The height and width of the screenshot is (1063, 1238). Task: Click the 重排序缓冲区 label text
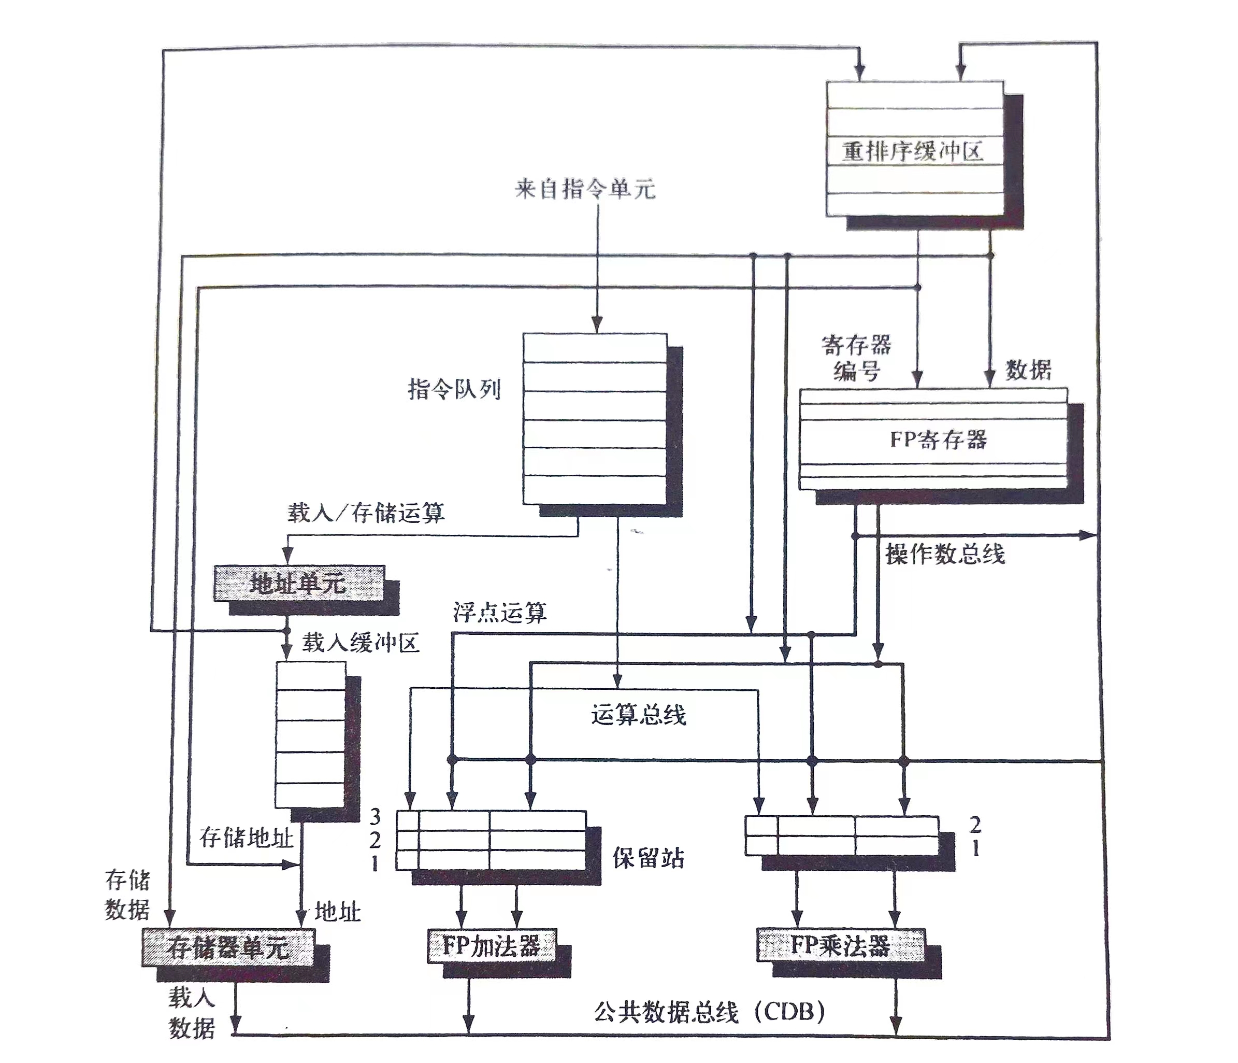tap(912, 151)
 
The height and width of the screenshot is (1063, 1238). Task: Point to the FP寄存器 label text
tap(938, 440)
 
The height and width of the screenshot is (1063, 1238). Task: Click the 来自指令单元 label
tap(585, 190)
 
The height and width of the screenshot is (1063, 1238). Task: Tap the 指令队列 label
tap(454, 389)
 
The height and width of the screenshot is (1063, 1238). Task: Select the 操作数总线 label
tap(945, 554)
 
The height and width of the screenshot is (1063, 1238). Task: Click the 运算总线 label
tap(639, 714)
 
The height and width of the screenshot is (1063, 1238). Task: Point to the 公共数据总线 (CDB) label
tap(710, 1012)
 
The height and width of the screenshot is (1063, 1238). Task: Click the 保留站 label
tap(649, 858)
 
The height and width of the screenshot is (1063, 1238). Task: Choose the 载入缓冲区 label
tap(361, 643)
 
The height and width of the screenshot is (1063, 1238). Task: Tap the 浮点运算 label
tap(499, 612)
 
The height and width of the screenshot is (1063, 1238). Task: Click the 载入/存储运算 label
tap(366, 513)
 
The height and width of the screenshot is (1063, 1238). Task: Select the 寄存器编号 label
tap(856, 358)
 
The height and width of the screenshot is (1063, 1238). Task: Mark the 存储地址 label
tap(246, 838)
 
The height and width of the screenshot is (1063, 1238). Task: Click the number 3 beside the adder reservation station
tap(375, 816)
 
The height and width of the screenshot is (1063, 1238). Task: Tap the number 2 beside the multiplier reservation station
tap(974, 825)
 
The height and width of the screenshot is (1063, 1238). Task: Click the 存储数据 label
tap(127, 895)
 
